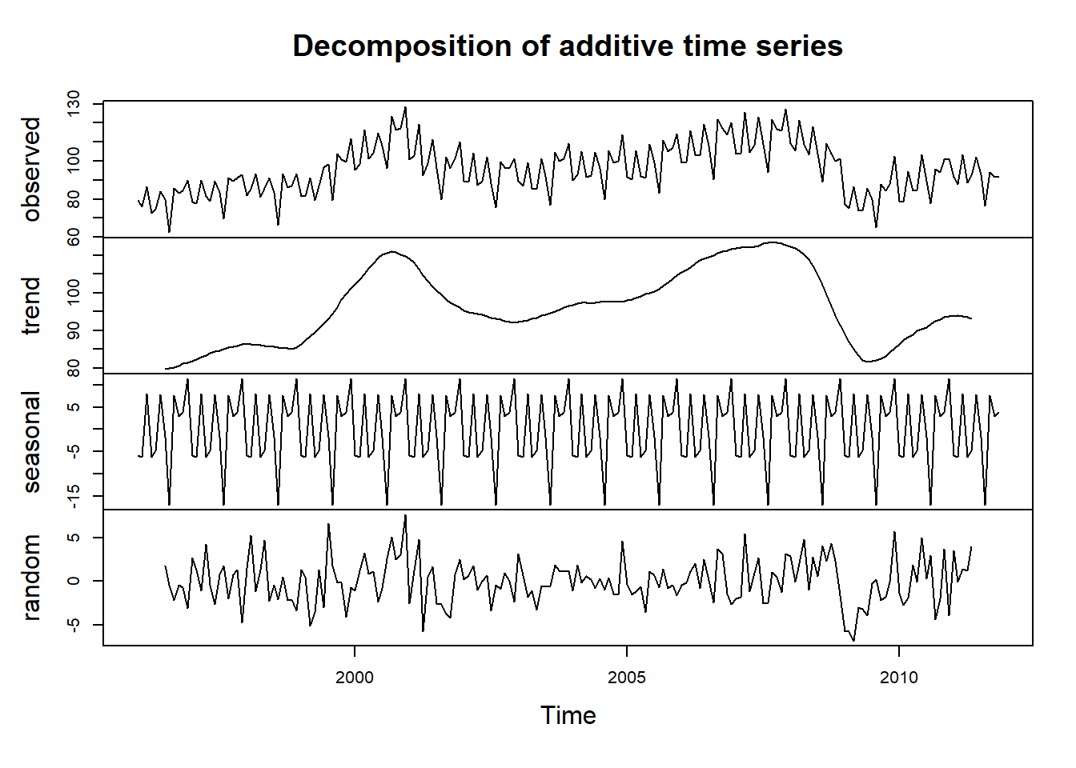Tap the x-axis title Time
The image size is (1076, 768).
(x=568, y=715)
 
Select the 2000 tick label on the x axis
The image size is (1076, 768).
(x=355, y=678)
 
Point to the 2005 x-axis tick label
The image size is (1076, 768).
(x=626, y=678)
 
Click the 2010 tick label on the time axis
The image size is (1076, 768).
(x=898, y=678)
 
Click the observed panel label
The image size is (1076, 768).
(x=31, y=169)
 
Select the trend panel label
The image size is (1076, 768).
(x=31, y=306)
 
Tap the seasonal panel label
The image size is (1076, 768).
(x=31, y=442)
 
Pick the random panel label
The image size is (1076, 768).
(x=31, y=578)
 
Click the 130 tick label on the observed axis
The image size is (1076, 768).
(x=74, y=104)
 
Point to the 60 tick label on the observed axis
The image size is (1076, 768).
(x=74, y=237)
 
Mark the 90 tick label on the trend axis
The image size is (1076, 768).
(x=74, y=330)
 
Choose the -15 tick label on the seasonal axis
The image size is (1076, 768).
(x=74, y=496)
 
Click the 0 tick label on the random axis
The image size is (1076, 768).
(x=74, y=581)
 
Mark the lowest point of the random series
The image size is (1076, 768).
(x=853, y=641)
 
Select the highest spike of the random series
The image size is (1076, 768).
(x=405, y=515)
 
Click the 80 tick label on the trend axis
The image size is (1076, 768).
(x=74, y=368)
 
